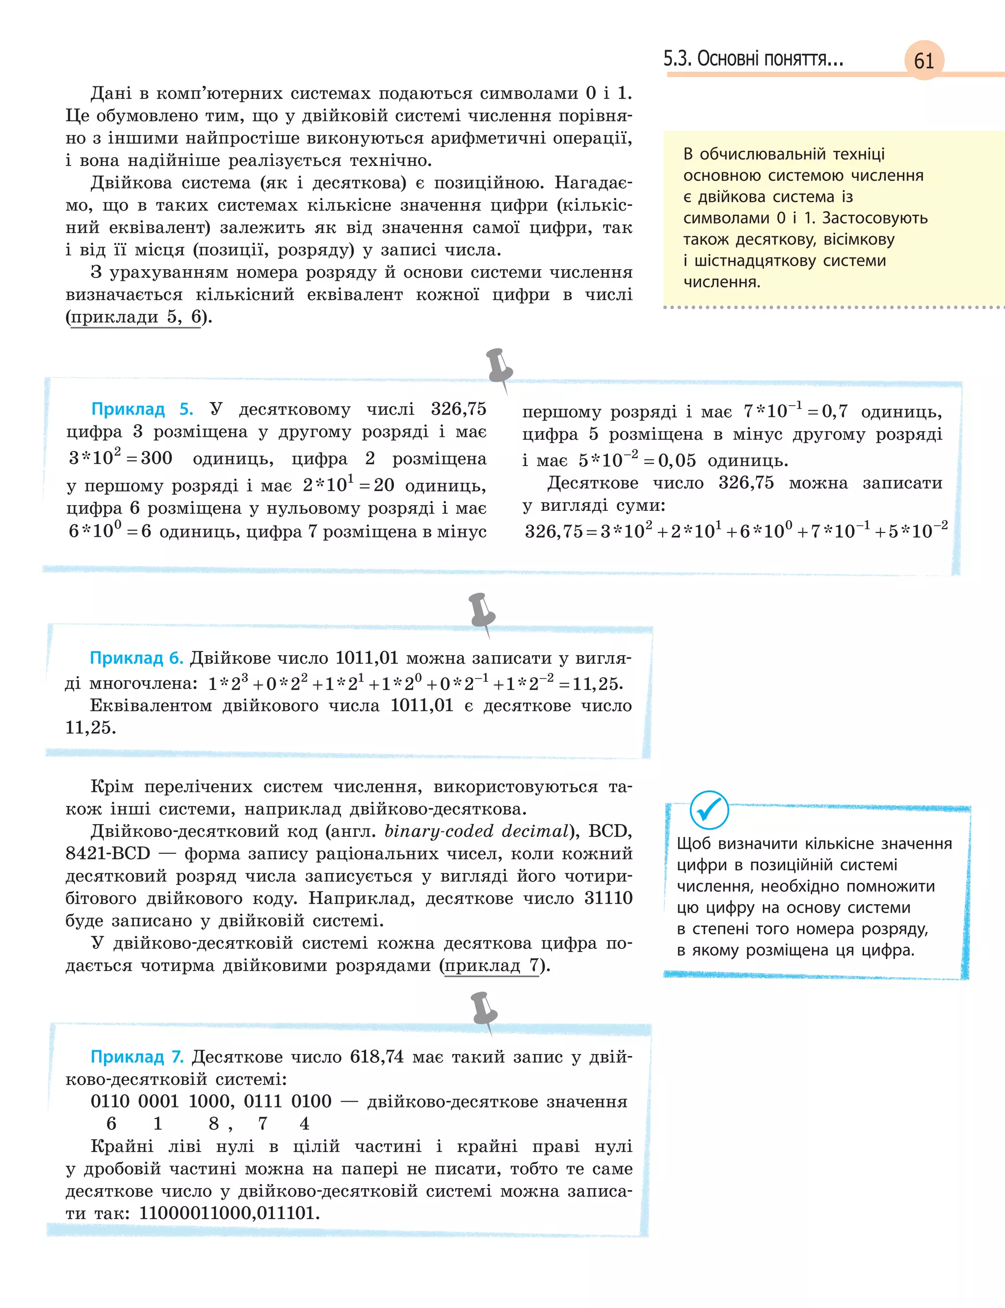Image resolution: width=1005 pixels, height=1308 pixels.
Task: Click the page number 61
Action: [924, 60]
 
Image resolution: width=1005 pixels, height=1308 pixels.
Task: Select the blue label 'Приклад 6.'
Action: [136, 658]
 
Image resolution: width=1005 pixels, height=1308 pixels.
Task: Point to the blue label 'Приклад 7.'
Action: [137, 1057]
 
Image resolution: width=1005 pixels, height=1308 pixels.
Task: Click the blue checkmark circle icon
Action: [709, 810]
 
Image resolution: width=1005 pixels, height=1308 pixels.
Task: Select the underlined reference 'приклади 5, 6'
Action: [136, 317]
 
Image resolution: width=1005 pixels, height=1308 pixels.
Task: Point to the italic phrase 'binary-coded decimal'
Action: [476, 831]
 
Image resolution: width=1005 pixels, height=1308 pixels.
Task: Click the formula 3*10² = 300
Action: [120, 457]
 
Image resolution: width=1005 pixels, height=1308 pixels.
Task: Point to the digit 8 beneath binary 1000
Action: [214, 1124]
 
